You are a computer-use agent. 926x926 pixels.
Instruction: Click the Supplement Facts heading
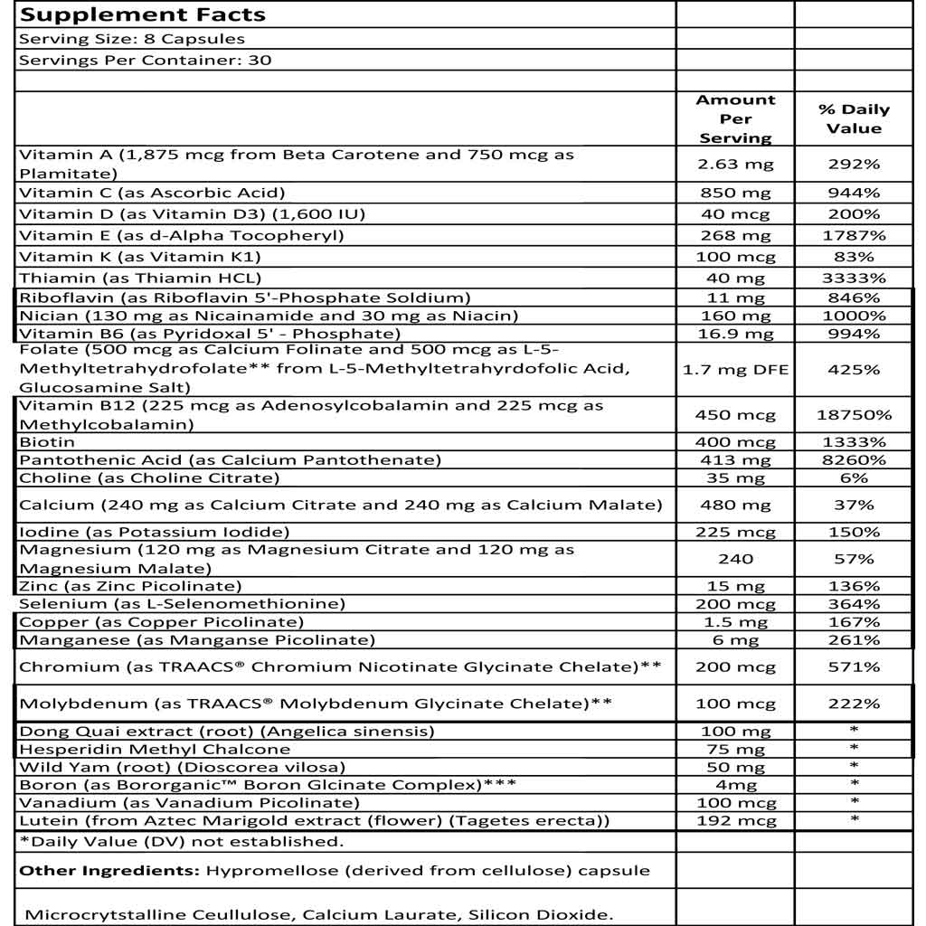pyautogui.click(x=142, y=14)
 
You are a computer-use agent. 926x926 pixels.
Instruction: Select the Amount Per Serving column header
pyautogui.click(x=735, y=118)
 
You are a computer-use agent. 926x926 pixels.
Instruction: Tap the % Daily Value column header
pyautogui.click(x=854, y=118)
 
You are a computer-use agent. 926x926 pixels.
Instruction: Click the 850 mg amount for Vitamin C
pyautogui.click(x=735, y=193)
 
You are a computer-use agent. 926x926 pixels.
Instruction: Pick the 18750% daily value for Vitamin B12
pyautogui.click(x=854, y=415)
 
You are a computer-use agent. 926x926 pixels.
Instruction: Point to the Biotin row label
pyautogui.click(x=47, y=442)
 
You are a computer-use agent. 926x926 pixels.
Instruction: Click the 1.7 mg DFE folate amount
pyautogui.click(x=735, y=369)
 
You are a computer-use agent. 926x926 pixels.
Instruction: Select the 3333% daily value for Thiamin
pyautogui.click(x=854, y=278)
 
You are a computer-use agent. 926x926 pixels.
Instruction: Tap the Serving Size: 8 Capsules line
pyautogui.click(x=132, y=39)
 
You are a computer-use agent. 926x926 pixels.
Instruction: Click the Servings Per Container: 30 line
pyautogui.click(x=146, y=61)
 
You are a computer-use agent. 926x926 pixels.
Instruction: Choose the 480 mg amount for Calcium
pyautogui.click(x=735, y=505)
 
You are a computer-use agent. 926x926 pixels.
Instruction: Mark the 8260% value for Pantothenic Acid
pyautogui.click(x=854, y=460)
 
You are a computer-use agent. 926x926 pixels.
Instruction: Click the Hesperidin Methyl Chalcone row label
pyautogui.click(x=155, y=749)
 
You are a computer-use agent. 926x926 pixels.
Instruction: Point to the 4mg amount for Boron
pyautogui.click(x=735, y=785)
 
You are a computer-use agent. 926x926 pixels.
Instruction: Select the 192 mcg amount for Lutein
pyautogui.click(x=735, y=821)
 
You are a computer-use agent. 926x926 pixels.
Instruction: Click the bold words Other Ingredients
pyautogui.click(x=109, y=871)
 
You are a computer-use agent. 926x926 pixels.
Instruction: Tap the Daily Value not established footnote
pyautogui.click(x=182, y=842)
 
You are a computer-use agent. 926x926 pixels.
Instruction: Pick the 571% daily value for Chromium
pyautogui.click(x=854, y=667)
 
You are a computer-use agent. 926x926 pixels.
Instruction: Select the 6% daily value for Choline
pyautogui.click(x=854, y=477)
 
